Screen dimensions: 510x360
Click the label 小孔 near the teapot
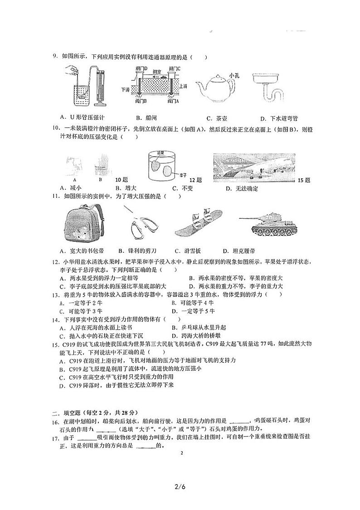(234, 75)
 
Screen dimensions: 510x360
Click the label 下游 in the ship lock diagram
(126, 90)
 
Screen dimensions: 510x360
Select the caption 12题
(195, 180)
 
